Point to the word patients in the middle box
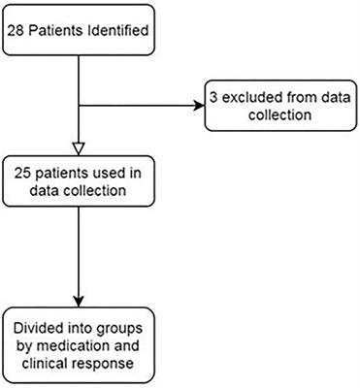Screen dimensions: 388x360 (x=67, y=173)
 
